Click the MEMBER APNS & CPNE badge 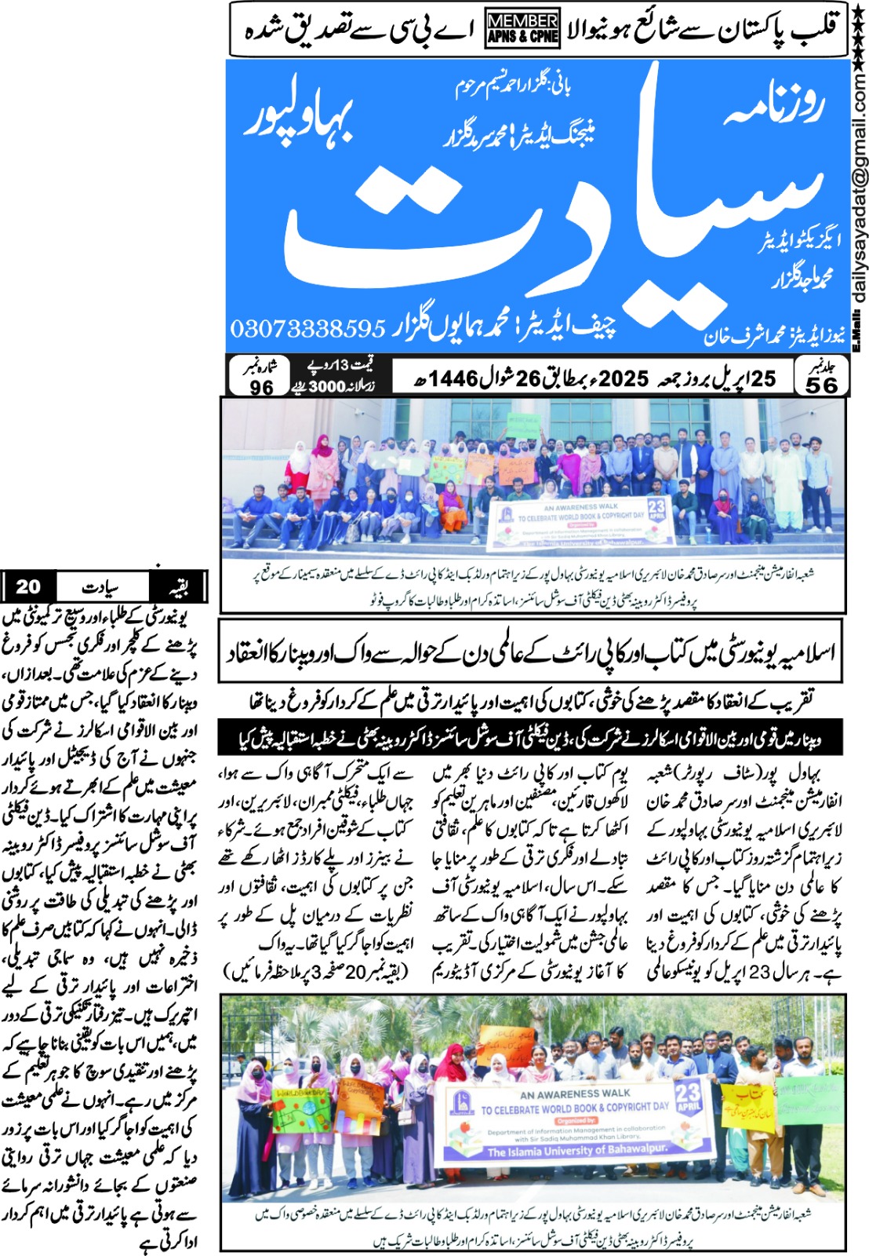click(x=522, y=27)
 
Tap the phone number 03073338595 click(x=308, y=329)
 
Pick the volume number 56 click(x=821, y=384)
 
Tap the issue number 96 click(x=261, y=387)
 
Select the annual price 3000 click(x=326, y=386)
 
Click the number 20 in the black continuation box click(x=28, y=586)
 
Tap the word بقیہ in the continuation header click(x=179, y=587)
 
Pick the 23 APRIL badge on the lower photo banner click(x=688, y=1097)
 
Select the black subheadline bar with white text click(x=530, y=737)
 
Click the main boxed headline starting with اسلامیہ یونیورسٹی click(x=530, y=651)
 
